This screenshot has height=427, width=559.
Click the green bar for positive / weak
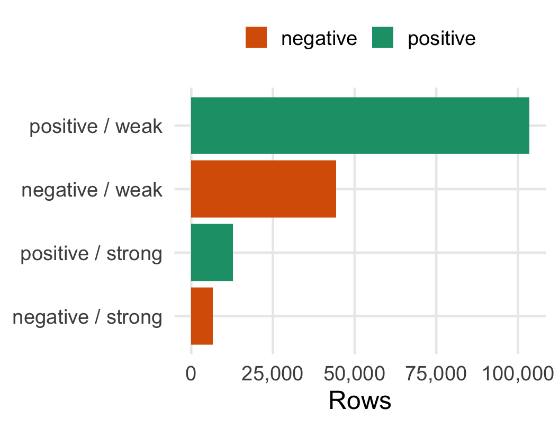[x=360, y=126]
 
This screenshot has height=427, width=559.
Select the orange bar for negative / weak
[x=264, y=189]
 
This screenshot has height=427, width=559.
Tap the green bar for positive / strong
[x=212, y=253]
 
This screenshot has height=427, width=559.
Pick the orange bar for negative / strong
[x=202, y=316]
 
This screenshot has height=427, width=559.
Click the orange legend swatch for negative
[x=256, y=38]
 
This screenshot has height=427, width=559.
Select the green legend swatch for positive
[x=383, y=38]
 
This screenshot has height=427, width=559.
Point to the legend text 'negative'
[x=319, y=39]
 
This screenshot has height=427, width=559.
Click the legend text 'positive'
[x=441, y=39]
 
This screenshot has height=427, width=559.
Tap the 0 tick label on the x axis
[x=191, y=374]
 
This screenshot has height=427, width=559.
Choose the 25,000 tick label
[x=273, y=374]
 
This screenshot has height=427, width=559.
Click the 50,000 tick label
[x=354, y=374]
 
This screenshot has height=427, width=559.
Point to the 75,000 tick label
[x=436, y=374]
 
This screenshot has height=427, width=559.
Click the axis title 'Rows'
[x=360, y=401]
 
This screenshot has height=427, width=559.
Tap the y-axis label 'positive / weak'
[x=95, y=127]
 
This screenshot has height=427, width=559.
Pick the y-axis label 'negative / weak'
[x=92, y=190]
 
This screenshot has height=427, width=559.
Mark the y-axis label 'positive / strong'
[x=91, y=254]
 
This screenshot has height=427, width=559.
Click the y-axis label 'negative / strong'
[x=87, y=317]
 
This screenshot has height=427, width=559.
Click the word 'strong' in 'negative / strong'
[x=134, y=317]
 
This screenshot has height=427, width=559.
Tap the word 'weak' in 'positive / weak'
[x=139, y=127]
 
